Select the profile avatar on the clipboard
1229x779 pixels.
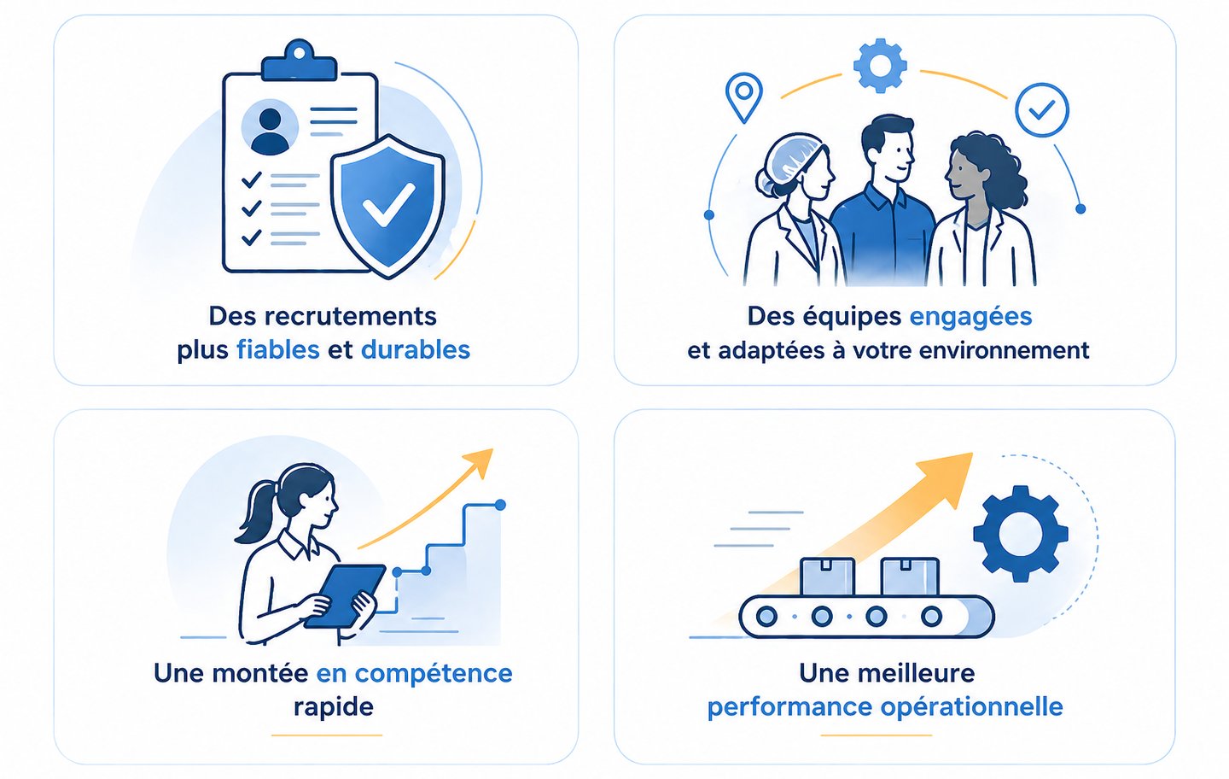270,128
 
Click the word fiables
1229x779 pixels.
278,350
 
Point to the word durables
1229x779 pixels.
415,350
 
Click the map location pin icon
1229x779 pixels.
743,96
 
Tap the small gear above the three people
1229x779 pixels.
879,65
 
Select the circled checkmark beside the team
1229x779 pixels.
1041,109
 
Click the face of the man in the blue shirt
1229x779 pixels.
889,154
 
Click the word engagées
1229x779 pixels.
970,317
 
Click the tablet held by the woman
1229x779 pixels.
345,594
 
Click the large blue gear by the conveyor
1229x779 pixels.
1020,534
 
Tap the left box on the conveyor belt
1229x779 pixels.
827,577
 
